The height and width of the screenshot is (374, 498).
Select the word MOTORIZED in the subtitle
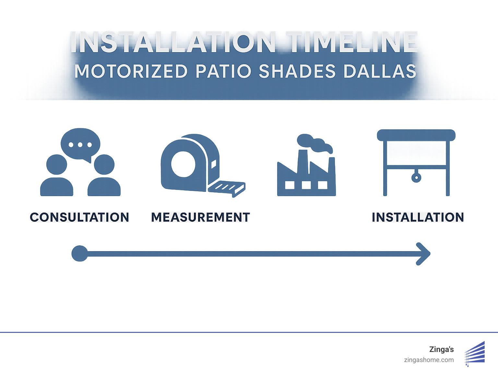131,71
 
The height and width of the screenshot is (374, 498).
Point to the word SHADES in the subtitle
297,71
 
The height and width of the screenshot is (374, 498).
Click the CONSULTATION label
79,217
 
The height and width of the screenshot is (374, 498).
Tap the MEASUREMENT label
200,217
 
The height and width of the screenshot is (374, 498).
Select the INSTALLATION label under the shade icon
418,217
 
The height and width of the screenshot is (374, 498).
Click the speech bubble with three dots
80,145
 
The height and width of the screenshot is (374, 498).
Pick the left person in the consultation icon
57,177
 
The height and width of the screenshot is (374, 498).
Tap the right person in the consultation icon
104,177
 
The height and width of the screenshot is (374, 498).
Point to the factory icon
306,175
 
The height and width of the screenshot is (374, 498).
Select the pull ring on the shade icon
416,177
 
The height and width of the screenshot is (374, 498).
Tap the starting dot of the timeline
79,253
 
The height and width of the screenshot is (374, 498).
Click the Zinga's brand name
441,349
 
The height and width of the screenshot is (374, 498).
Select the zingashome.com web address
429,360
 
